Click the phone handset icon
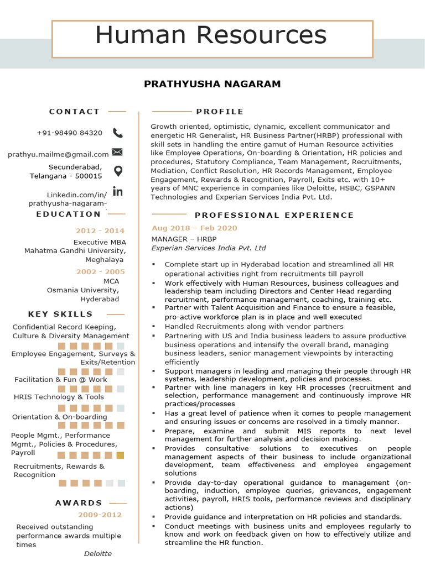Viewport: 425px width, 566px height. (118, 133)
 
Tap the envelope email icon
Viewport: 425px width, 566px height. (117, 152)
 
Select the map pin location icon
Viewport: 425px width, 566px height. (117, 171)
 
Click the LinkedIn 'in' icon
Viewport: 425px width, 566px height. (117, 191)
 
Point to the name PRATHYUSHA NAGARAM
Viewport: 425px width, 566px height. (212, 84)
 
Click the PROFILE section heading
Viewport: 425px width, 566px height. (220, 112)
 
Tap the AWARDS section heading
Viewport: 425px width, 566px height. (79, 503)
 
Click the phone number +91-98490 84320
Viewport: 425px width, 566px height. (70, 133)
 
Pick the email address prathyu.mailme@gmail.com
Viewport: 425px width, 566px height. (58, 155)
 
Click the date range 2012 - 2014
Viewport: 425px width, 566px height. (100, 231)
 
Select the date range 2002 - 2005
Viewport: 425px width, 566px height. (100, 272)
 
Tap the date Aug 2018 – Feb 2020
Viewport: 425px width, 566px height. (194, 228)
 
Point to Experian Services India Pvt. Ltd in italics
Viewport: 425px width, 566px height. (209, 248)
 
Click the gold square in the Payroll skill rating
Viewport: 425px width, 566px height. (120, 455)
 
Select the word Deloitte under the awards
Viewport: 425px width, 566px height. (98, 554)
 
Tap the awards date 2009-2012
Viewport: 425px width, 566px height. (100, 515)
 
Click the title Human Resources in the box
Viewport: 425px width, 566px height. (211, 35)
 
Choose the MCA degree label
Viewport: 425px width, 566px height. (111, 281)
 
